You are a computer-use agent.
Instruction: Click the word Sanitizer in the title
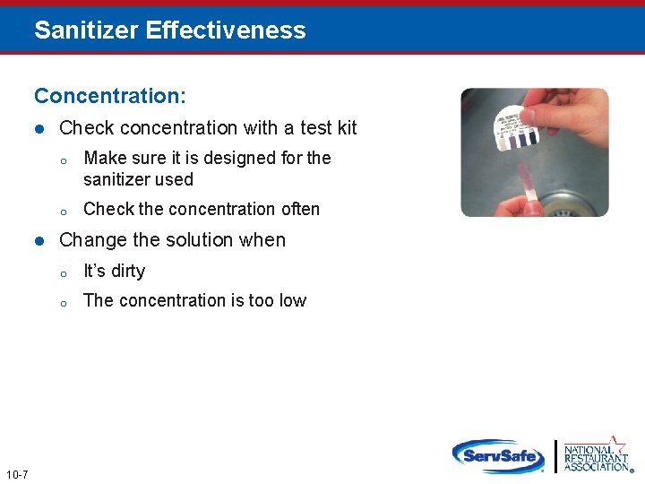[86, 30]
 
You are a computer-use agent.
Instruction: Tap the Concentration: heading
[110, 95]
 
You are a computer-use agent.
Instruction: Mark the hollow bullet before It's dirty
[64, 272]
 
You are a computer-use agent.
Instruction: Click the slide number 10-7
[16, 474]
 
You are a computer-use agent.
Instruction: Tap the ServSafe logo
[497, 456]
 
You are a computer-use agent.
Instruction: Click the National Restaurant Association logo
[596, 455]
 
